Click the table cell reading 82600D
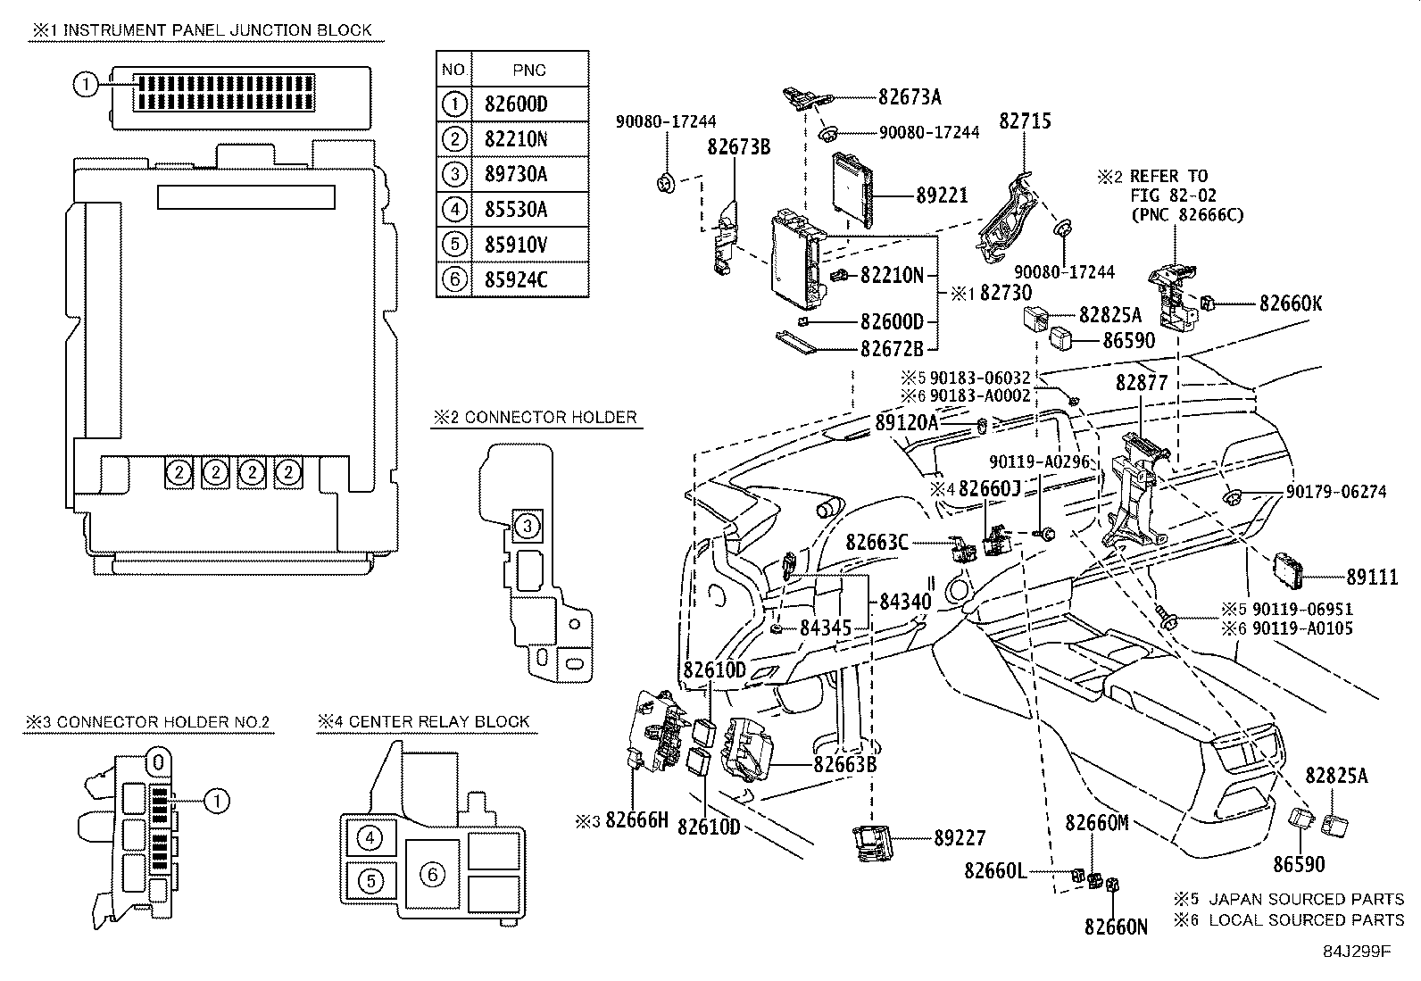point(530,104)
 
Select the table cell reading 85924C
point(530,279)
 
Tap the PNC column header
point(529,70)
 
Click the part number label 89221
point(942,195)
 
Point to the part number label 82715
point(1026,121)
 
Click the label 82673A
point(910,97)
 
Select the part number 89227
point(960,838)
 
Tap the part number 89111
point(1372,577)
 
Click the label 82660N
point(1116,927)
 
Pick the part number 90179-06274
point(1336,492)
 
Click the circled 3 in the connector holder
point(528,526)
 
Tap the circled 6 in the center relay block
point(433,875)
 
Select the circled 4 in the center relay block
point(370,838)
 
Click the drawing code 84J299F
point(1357,952)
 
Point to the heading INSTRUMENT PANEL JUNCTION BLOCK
point(218,29)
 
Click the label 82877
point(1142,383)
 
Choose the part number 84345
point(826,628)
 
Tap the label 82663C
point(877,543)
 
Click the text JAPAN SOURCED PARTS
point(1306,899)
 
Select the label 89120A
point(907,422)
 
